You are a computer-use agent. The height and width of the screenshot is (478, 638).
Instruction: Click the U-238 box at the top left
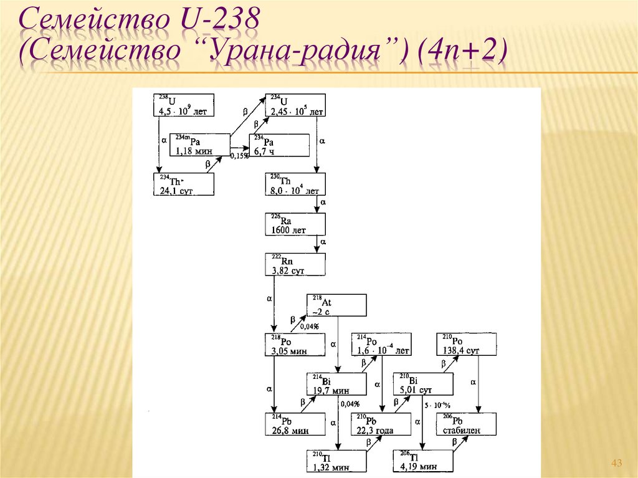tap(184, 105)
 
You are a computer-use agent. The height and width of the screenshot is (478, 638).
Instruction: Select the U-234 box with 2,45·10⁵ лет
tap(295, 105)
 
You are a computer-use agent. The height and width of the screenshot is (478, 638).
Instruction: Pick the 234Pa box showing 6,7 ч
tap(279, 145)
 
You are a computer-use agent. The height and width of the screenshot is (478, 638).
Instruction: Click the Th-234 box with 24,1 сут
tap(184, 184)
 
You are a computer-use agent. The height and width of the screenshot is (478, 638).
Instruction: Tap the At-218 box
tap(336, 305)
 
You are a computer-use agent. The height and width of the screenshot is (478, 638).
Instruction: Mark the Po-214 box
tap(381, 345)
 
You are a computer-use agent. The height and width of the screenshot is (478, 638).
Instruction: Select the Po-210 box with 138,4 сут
tap(467, 345)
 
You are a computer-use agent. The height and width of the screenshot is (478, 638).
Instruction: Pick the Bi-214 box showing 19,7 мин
tap(336, 385)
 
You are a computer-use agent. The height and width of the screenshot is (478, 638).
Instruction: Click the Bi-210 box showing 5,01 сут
tap(423, 385)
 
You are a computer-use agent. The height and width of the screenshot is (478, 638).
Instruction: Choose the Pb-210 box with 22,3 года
tap(381, 424)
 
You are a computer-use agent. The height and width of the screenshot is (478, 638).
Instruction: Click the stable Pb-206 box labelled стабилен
tap(467, 424)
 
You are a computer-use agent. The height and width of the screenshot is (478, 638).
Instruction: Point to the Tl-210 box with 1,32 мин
tap(336, 461)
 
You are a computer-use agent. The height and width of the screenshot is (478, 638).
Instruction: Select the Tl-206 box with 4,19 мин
tap(423, 461)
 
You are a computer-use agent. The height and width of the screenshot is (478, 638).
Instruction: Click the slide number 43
tap(617, 462)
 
